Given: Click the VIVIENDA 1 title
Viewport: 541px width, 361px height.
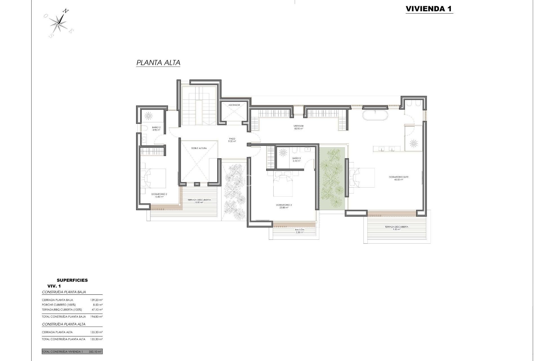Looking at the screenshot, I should pyautogui.click(x=429, y=9).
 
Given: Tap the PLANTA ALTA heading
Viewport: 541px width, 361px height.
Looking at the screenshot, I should pyautogui.click(x=158, y=63).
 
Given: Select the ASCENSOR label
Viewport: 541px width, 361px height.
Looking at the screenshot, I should pyautogui.click(x=234, y=105).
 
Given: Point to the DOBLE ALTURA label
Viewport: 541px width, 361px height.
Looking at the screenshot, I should pyautogui.click(x=199, y=148).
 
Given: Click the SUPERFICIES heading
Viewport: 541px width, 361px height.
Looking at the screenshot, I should pyautogui.click(x=72, y=280).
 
